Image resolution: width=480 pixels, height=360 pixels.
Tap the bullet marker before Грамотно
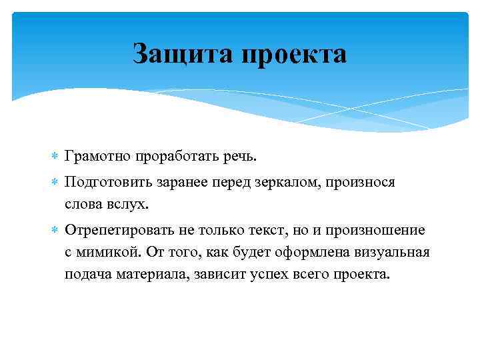coord(55,156)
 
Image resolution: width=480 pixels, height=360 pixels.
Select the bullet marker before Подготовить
coord(55,183)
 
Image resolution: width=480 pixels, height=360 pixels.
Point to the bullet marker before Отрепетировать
coord(55,230)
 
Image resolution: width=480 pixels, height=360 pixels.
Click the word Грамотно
coord(99,156)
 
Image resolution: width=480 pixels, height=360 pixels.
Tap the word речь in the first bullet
coord(239,156)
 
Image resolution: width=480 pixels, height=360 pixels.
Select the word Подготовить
coord(109,182)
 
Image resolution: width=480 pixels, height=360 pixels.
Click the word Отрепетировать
coord(117,230)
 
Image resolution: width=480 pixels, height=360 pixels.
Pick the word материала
coord(154,275)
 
